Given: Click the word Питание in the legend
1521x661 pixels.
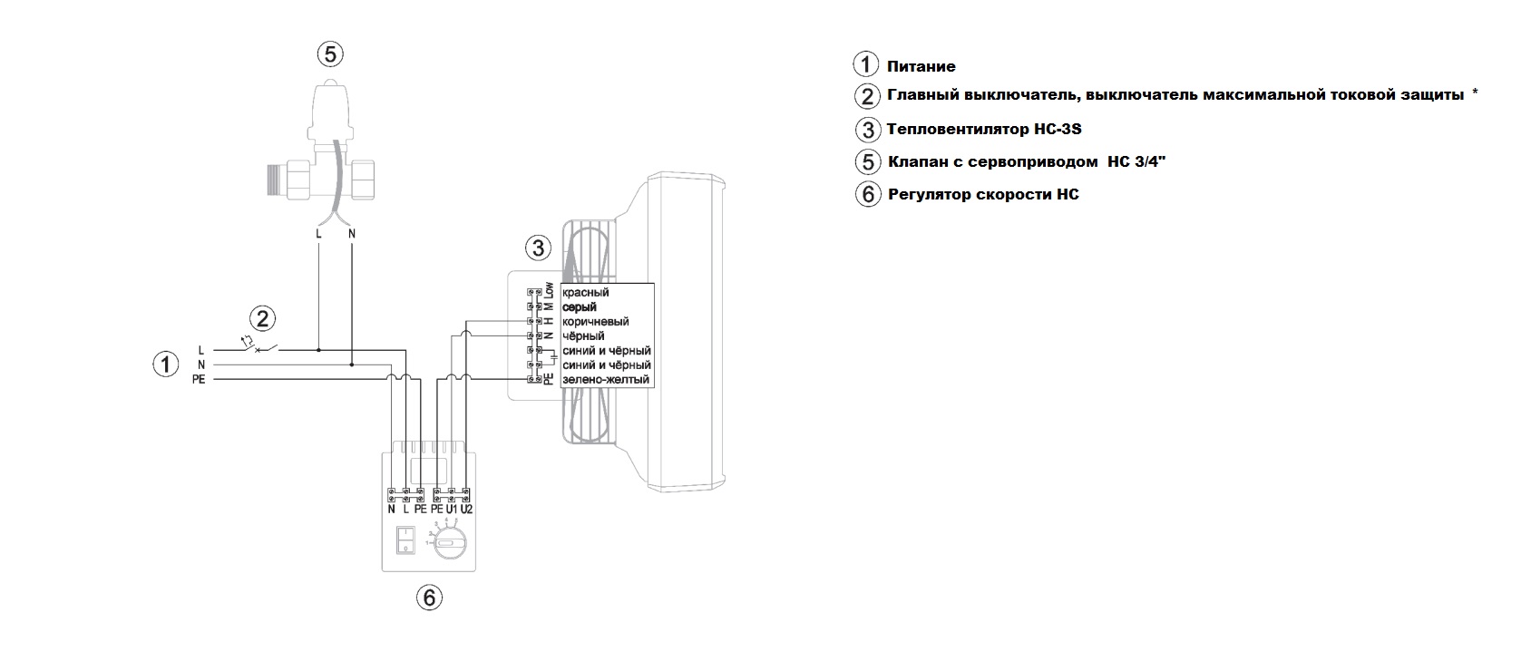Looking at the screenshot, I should tap(921, 66).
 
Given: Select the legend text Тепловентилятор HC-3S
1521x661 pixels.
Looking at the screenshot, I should tap(984, 130).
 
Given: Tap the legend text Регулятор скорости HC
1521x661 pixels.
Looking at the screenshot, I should tap(983, 195).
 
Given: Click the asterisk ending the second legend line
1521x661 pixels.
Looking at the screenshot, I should tap(1475, 93).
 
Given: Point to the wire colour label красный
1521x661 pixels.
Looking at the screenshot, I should tap(586, 293).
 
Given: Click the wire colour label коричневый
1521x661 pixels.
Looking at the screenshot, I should tap(596, 322).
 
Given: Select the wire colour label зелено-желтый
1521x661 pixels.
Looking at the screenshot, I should tap(606, 380).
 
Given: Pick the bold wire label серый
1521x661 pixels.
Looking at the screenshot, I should tap(580, 307).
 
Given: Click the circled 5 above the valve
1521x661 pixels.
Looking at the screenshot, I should tap(330, 54).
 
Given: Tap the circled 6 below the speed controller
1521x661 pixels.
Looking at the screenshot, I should tap(429, 598).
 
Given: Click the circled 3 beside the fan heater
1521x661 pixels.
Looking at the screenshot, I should tap(539, 248).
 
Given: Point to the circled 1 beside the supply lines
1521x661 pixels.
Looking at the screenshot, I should tap(165, 365).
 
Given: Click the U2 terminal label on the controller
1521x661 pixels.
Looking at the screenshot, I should tap(466, 510).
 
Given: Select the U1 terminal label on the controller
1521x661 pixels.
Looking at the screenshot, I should tap(452, 510).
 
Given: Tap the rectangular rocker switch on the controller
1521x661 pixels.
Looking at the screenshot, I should tap(405, 541).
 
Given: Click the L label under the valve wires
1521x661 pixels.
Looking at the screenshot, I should tap(318, 234).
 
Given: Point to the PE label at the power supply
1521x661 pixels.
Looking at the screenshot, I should tap(199, 380).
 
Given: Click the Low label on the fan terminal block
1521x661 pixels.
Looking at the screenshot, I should tap(549, 291).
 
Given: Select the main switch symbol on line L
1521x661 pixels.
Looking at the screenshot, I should tap(258, 347).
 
